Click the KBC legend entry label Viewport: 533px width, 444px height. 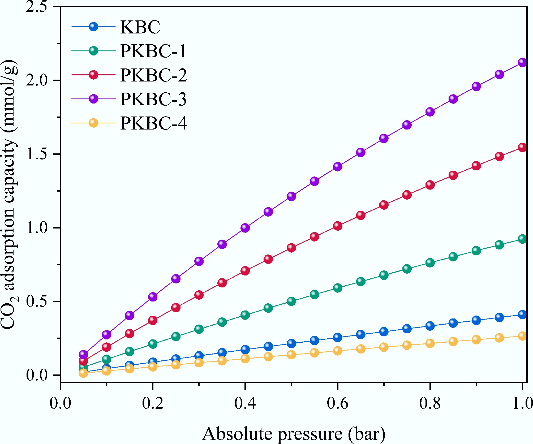[140, 27]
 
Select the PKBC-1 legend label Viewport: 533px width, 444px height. [153, 51]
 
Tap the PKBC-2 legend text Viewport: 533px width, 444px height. [154, 75]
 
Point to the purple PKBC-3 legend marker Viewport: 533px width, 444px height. [93, 99]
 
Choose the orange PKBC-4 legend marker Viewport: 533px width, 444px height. [93, 123]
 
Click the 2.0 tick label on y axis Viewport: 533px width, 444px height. [36, 80]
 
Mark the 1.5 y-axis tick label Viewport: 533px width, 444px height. [36, 154]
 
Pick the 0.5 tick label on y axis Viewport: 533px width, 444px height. [36, 301]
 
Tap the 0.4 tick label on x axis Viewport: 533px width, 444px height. [245, 403]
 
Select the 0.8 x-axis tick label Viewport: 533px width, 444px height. [430, 403]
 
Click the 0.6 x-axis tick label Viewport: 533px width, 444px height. [337, 403]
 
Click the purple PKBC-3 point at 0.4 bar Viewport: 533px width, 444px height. [245, 228]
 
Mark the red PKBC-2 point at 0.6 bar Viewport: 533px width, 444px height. [337, 226]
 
